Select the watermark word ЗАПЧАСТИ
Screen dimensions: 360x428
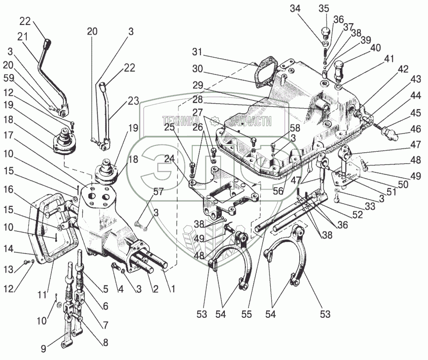(x=251, y=121)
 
